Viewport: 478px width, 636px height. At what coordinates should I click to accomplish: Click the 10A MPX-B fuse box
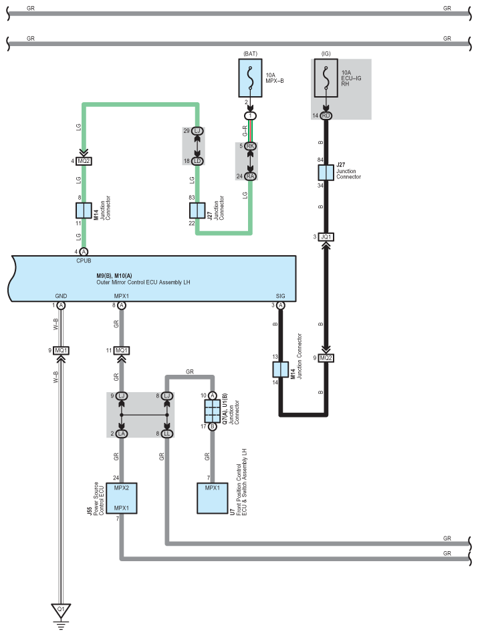point(250,78)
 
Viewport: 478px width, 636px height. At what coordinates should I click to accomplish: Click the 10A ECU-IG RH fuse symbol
point(326,78)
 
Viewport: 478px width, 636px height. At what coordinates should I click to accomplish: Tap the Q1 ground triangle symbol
point(61,611)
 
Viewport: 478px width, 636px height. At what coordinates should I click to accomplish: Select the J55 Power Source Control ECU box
point(121,498)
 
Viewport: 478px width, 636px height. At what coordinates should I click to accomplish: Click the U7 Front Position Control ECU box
point(212,498)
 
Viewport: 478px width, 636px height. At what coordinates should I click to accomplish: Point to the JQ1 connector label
point(326,237)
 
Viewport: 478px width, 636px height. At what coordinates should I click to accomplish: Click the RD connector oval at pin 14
point(326,116)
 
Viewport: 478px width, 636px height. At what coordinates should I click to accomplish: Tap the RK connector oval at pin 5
point(250,146)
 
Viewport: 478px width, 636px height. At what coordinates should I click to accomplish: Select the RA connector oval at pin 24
point(250,176)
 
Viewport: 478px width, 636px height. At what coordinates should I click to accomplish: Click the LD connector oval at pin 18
point(197,161)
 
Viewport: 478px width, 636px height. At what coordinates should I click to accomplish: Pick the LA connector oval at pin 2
point(121,434)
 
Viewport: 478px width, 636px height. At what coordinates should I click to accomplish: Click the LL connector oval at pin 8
point(166,434)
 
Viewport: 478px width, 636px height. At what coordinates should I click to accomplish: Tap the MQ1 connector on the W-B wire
point(61,351)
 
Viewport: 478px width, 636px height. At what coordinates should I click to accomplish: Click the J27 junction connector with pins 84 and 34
point(326,173)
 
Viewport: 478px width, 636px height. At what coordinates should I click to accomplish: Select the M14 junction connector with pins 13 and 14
point(280,369)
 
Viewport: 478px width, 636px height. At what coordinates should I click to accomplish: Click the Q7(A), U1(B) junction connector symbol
point(212,411)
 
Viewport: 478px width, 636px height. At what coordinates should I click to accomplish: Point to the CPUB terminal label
point(84,261)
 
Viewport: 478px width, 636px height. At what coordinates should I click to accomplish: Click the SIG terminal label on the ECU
point(280,296)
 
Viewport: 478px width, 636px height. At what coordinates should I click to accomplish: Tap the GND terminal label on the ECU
point(61,296)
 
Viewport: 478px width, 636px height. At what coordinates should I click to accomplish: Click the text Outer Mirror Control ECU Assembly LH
point(143,283)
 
